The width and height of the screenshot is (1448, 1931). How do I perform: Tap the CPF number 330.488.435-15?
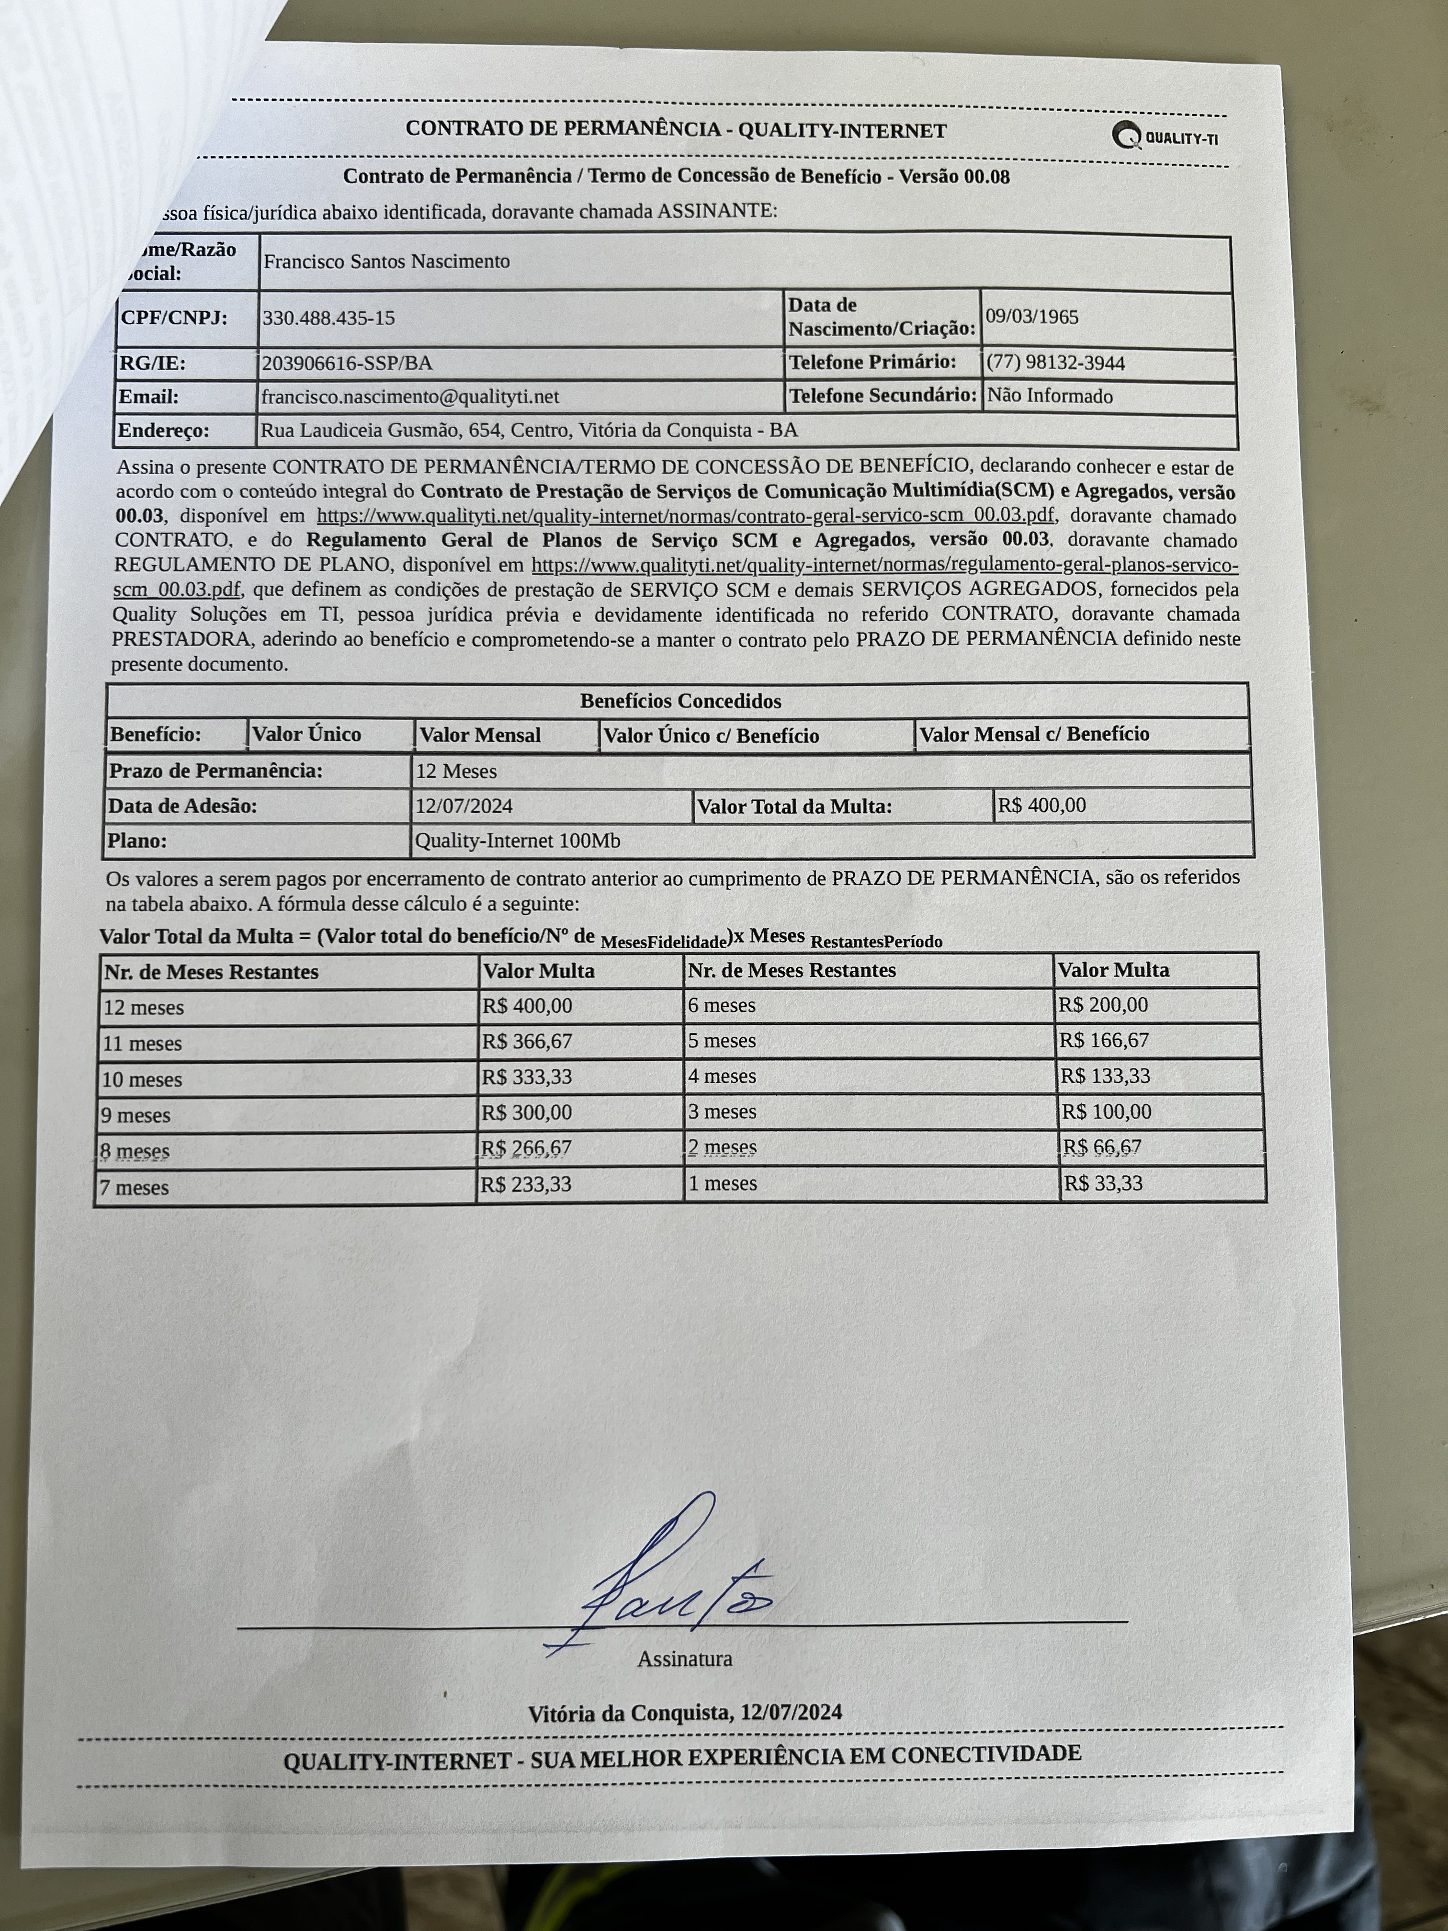coord(328,318)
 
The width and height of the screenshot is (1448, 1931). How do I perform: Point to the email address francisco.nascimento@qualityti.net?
coord(410,397)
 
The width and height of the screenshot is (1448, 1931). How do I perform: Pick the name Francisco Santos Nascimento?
coord(386,261)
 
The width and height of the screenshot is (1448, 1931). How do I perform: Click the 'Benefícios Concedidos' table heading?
coord(681,701)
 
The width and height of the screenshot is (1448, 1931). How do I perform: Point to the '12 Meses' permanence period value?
coord(456,772)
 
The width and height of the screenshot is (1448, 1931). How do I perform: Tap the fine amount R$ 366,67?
coord(527,1042)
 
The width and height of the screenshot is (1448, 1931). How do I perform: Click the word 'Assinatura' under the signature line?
coord(684,1658)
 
